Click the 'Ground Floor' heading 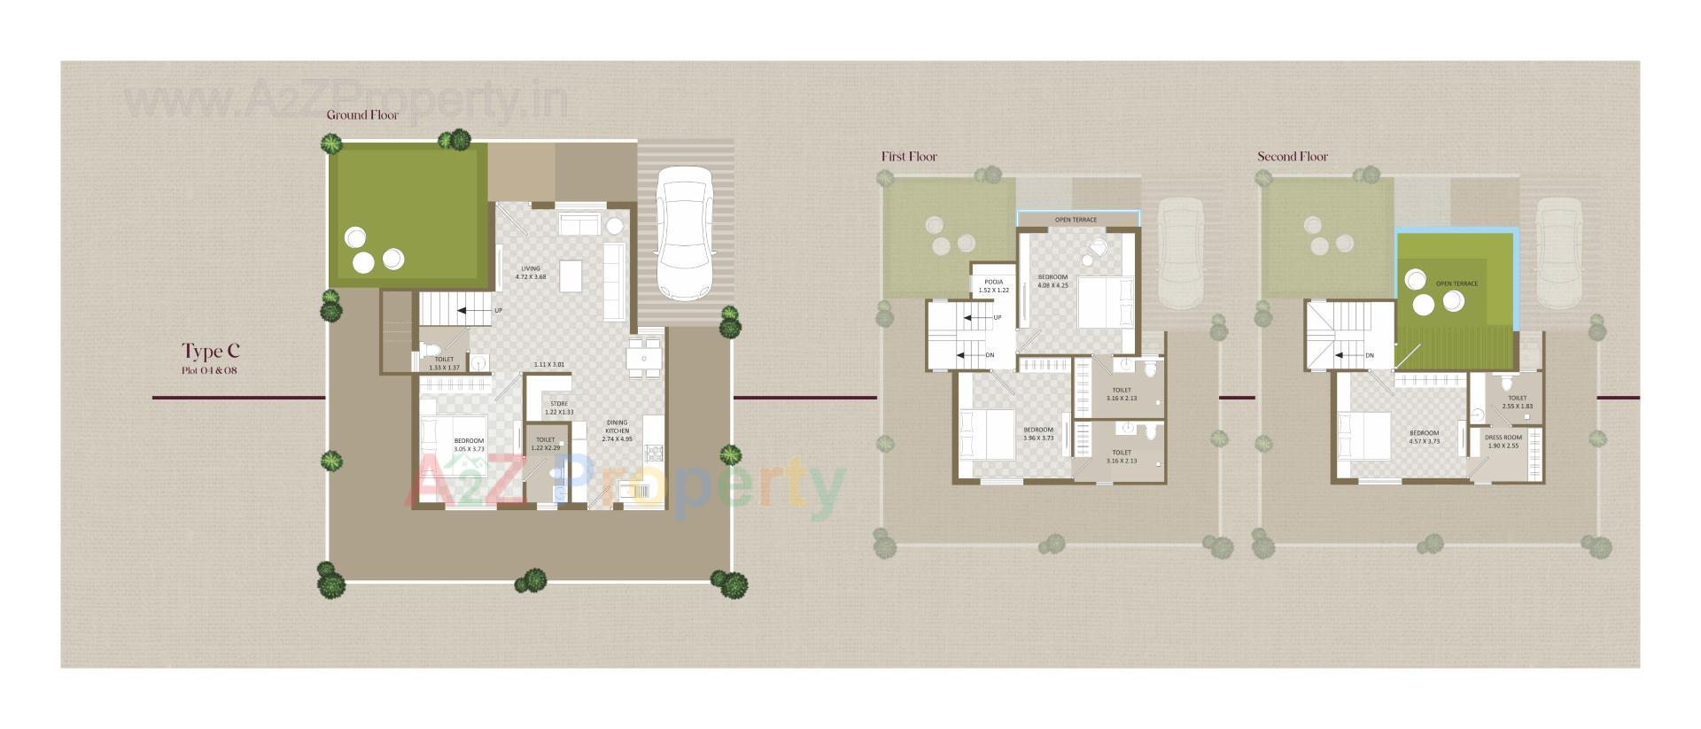(x=362, y=115)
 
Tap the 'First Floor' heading (x=908, y=157)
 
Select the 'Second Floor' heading (x=1292, y=157)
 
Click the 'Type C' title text (x=211, y=351)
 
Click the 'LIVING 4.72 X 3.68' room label (x=530, y=273)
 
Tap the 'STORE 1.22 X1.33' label (x=558, y=407)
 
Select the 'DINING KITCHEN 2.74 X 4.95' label (x=617, y=430)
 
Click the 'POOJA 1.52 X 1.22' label (x=993, y=286)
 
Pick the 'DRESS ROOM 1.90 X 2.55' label (x=1503, y=441)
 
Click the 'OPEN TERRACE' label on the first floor (x=1076, y=220)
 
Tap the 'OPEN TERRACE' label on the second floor (x=1456, y=284)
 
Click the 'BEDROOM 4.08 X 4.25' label (x=1052, y=281)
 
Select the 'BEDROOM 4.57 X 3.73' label (x=1424, y=437)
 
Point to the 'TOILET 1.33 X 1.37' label (x=444, y=363)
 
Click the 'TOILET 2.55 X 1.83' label (x=1517, y=401)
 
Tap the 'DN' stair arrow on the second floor (x=1369, y=356)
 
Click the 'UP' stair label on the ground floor (x=498, y=311)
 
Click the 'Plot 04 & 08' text (x=209, y=370)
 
